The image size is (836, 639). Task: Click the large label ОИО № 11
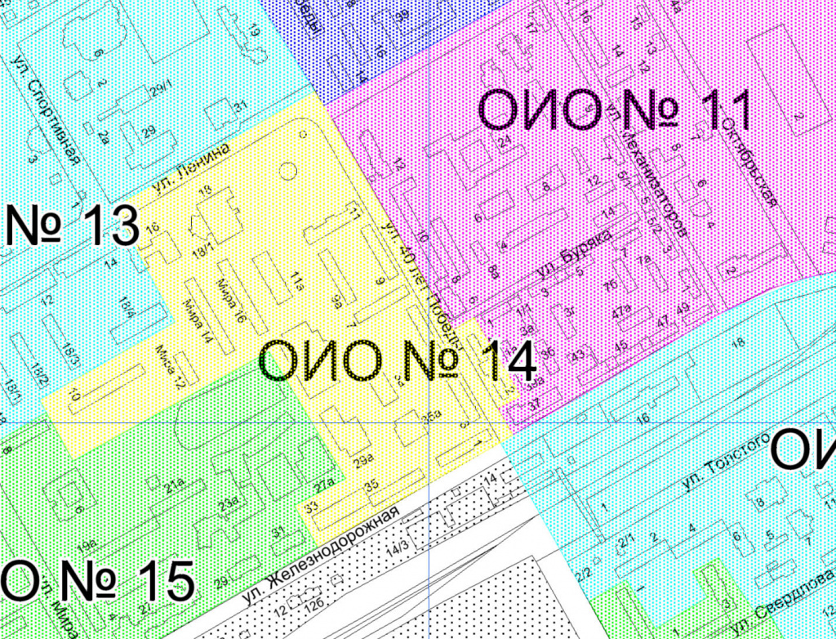(x=613, y=110)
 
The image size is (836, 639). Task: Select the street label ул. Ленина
(x=192, y=169)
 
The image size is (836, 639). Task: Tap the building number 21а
(x=175, y=489)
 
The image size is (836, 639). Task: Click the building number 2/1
(x=627, y=539)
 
